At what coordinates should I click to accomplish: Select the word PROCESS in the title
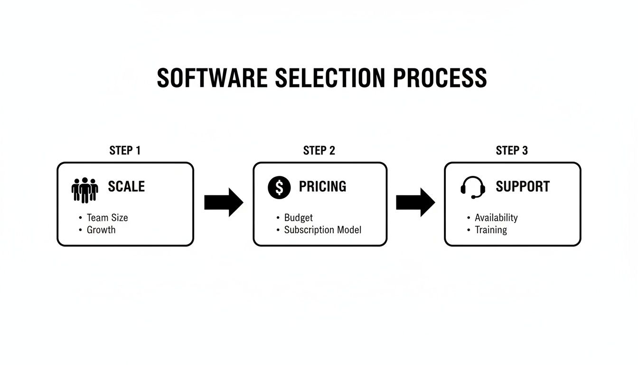click(440, 78)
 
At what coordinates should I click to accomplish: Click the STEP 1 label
click(125, 151)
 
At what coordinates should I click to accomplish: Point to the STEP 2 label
click(319, 151)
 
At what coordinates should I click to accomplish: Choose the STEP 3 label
click(512, 151)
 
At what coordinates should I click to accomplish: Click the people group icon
click(84, 190)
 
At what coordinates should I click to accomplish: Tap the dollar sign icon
click(279, 187)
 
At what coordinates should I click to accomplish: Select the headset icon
click(473, 187)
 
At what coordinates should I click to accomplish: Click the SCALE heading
click(126, 186)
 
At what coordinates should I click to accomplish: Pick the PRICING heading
click(322, 186)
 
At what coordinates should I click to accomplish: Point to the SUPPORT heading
click(523, 186)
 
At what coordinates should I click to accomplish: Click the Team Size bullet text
click(107, 218)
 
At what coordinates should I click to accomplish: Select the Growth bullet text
click(101, 230)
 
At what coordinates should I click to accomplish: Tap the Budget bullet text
click(299, 218)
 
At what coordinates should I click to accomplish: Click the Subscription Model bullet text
click(323, 230)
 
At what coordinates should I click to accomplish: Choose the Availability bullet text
click(496, 218)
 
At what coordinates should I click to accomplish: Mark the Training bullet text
click(491, 230)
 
